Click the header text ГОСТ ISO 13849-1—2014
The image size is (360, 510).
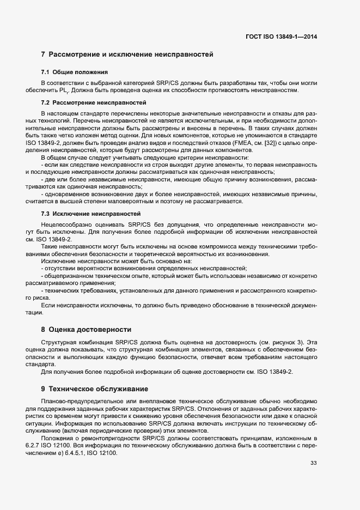point(281,37)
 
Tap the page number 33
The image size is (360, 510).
point(313,463)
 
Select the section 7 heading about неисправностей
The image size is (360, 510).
point(127,54)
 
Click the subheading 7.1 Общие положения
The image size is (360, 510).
point(75,72)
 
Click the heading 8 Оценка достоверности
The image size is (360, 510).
point(86,330)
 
